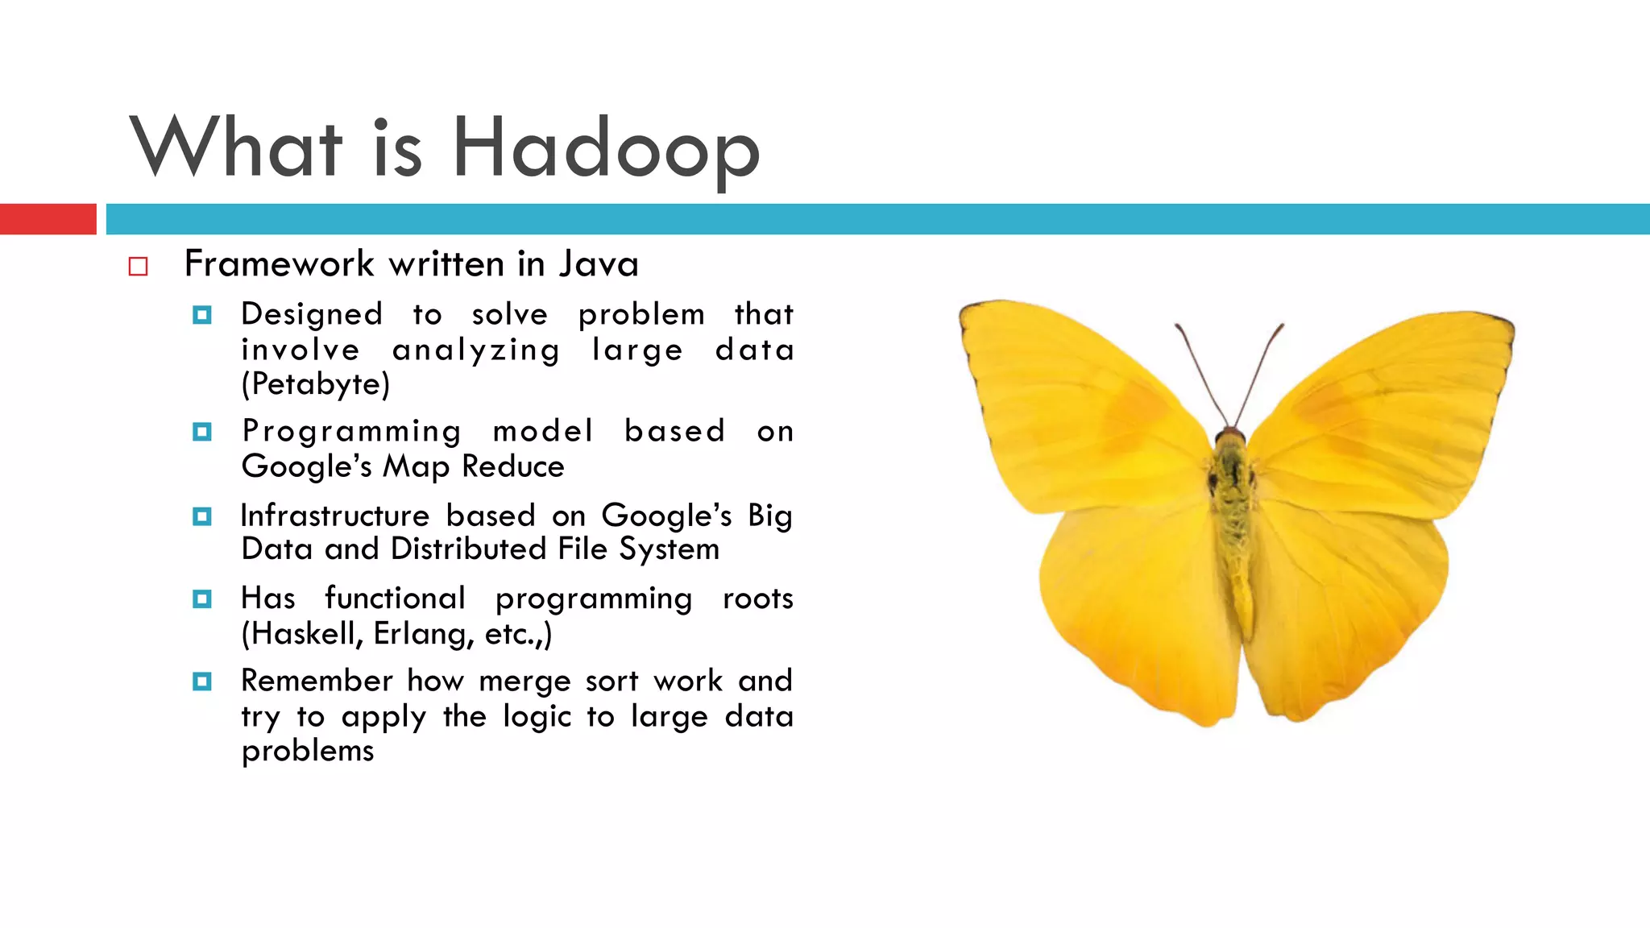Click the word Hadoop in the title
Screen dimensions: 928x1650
606,149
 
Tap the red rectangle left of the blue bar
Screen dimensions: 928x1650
48,219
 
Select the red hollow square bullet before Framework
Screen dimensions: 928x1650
139,267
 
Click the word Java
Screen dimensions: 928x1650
599,264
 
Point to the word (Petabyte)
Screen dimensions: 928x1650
316,384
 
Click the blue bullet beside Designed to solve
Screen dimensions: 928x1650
202,315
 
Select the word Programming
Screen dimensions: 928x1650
352,432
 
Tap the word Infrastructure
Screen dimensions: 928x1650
335,516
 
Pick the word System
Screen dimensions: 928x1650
669,549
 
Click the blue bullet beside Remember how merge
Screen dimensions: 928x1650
202,681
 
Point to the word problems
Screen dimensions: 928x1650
308,751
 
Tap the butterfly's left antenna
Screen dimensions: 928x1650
1200,371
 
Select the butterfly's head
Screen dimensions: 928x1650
1230,439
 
